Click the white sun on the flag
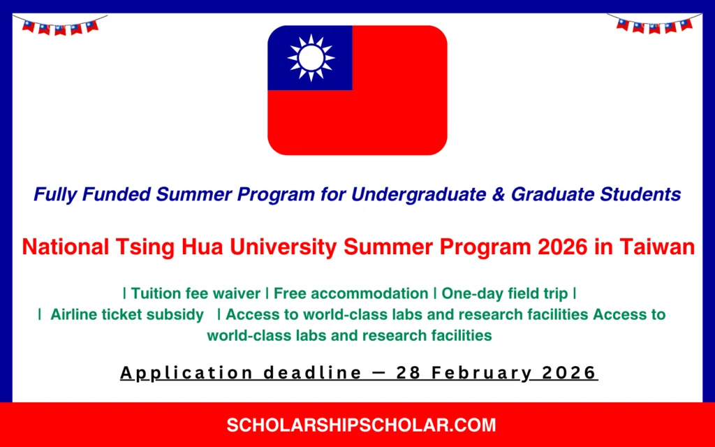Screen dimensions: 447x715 (311, 58)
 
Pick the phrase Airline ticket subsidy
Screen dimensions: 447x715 (126, 314)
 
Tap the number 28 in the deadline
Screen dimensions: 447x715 (406, 373)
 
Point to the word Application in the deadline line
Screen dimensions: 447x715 (186, 373)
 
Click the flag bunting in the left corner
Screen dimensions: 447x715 (60, 27)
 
